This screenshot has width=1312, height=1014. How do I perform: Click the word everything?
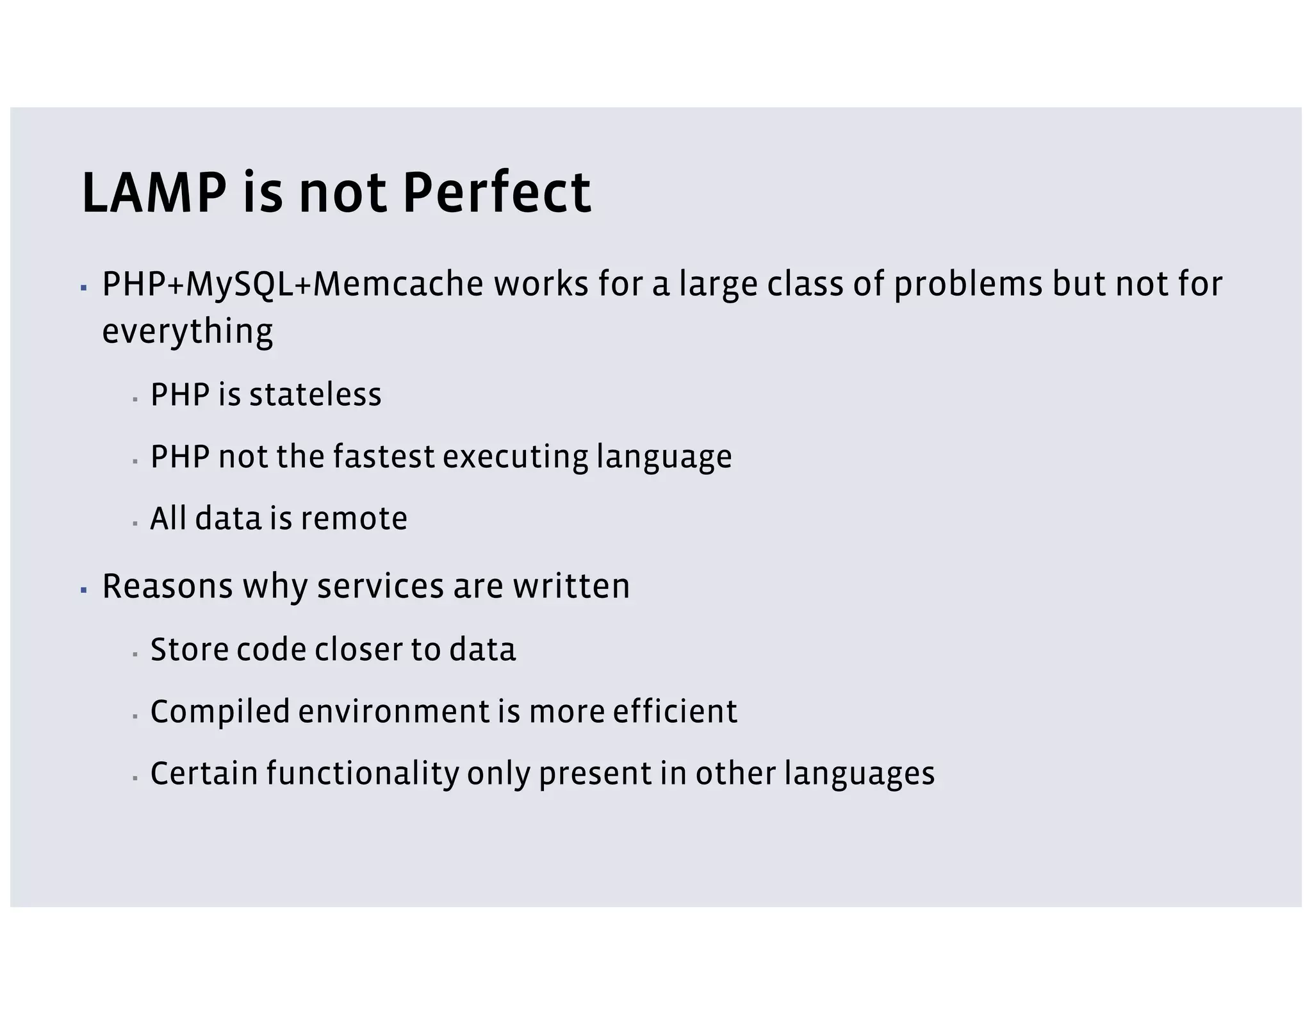tap(187, 331)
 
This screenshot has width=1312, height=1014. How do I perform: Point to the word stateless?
tap(315, 394)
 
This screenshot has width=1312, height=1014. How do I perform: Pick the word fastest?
tap(384, 456)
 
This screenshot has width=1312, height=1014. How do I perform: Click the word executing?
tap(515, 456)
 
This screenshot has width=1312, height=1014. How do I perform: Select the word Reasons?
tap(167, 586)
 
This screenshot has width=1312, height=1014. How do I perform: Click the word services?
tap(380, 586)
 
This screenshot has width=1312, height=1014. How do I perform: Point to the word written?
tap(571, 586)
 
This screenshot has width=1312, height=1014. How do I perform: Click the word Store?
tap(189, 649)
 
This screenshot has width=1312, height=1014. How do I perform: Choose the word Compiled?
tap(220, 711)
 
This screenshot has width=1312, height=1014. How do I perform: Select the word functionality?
tap(363, 773)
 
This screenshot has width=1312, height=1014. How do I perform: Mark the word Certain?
tap(204, 773)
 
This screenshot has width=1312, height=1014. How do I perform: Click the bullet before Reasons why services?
tap(84, 589)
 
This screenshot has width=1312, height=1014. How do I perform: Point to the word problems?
tap(968, 284)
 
